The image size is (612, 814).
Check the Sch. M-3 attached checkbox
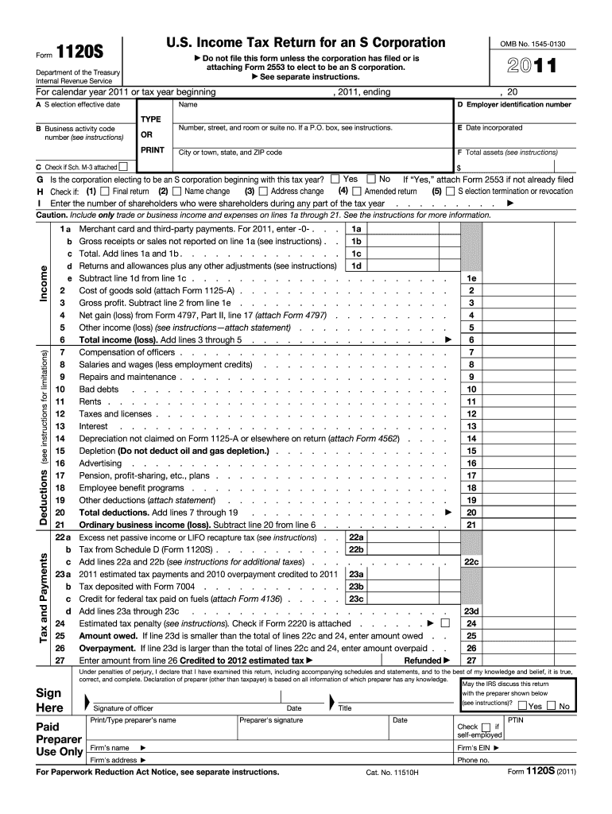pos(123,167)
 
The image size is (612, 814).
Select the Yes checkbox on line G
pos(335,179)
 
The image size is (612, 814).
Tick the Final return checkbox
pos(106,191)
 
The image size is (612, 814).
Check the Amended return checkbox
pos(357,191)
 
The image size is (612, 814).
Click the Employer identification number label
pos(513,105)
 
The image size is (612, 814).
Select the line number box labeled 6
pos(471,339)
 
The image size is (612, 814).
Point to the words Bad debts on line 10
pos(99,390)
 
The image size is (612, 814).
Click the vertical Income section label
pos(45,283)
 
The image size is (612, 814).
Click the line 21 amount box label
pos(471,525)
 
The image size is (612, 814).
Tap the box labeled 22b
pos(356,549)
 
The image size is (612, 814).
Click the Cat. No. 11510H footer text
pos(392,772)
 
